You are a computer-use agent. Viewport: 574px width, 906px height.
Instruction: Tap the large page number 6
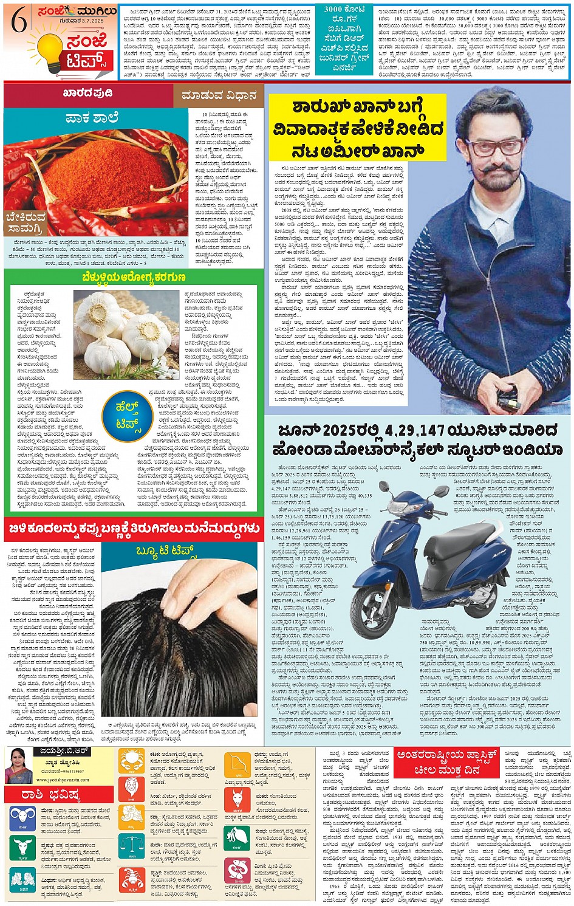point(19,22)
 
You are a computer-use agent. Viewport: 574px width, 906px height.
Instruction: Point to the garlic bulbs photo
point(130,332)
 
